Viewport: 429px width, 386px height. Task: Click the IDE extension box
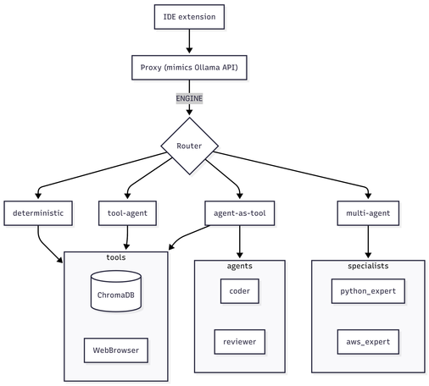click(189, 17)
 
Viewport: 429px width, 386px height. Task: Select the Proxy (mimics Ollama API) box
click(189, 68)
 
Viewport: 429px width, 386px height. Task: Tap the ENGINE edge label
click(189, 98)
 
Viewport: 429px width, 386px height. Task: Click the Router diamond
click(189, 146)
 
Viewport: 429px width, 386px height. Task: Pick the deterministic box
click(38, 213)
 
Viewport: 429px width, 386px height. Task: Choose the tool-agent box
click(127, 213)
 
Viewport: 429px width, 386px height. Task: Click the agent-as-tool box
click(240, 213)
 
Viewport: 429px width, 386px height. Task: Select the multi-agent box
click(368, 213)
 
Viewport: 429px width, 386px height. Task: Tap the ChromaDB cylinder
click(116, 291)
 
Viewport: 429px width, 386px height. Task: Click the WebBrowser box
click(116, 350)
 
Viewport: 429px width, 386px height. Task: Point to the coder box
click(240, 291)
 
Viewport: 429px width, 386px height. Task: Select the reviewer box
click(240, 342)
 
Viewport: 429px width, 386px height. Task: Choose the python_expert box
click(368, 291)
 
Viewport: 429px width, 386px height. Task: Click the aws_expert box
click(368, 342)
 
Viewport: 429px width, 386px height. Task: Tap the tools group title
click(116, 257)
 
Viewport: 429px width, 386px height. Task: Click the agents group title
click(240, 266)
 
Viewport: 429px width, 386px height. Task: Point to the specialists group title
click(368, 266)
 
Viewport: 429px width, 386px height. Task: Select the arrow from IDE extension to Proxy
click(189, 41)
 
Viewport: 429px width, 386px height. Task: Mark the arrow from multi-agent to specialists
click(368, 242)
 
